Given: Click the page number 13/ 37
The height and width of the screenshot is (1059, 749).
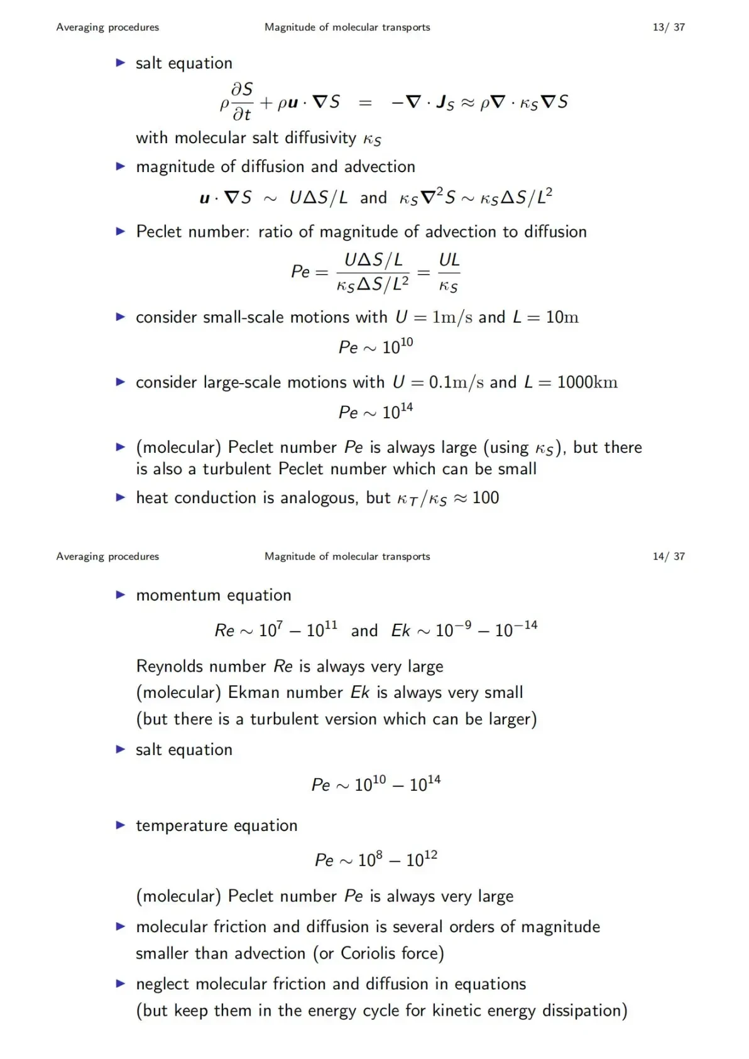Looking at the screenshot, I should [x=669, y=27].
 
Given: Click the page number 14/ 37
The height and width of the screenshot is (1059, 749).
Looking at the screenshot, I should [x=669, y=556].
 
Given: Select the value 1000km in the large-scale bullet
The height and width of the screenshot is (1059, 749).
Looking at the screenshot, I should [x=587, y=382].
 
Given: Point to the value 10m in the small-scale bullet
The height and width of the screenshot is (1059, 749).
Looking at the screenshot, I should [x=562, y=317].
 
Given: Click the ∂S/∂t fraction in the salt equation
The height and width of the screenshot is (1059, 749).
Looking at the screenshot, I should [x=242, y=101].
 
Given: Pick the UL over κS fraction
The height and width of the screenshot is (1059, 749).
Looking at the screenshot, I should [x=449, y=272].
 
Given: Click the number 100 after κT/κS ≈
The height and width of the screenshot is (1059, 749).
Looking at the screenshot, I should [x=485, y=497].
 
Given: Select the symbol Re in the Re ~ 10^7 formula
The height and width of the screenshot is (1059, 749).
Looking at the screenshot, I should [x=224, y=630].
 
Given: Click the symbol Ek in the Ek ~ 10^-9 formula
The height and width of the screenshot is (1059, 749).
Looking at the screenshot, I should [x=400, y=630].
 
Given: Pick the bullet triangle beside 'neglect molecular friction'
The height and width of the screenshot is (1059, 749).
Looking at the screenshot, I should [x=121, y=984].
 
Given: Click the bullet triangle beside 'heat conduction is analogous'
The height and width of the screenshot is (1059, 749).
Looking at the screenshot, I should [x=121, y=497].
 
